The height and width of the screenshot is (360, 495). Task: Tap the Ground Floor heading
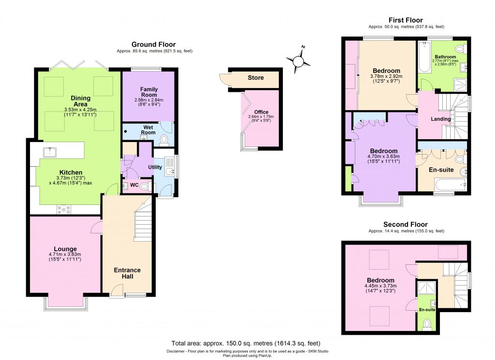[153, 44]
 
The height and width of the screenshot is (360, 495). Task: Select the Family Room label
[147, 92]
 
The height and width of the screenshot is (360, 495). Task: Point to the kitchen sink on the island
[49, 152]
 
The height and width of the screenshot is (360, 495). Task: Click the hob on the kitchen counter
[64, 209]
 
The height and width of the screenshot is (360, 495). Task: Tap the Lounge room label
[65, 249]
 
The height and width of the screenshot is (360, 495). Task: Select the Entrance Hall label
[127, 273]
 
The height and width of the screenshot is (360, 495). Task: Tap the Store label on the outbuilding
[256, 78]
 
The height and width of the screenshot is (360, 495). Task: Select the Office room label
[261, 112]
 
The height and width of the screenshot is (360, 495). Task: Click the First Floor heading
[406, 20]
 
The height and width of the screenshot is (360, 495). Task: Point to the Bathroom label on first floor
[445, 57]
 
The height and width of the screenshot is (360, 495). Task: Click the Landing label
[440, 119]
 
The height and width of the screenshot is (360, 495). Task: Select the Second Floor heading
[406, 225]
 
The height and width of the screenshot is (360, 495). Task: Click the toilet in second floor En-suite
[427, 323]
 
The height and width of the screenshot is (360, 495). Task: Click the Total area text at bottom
[246, 343]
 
